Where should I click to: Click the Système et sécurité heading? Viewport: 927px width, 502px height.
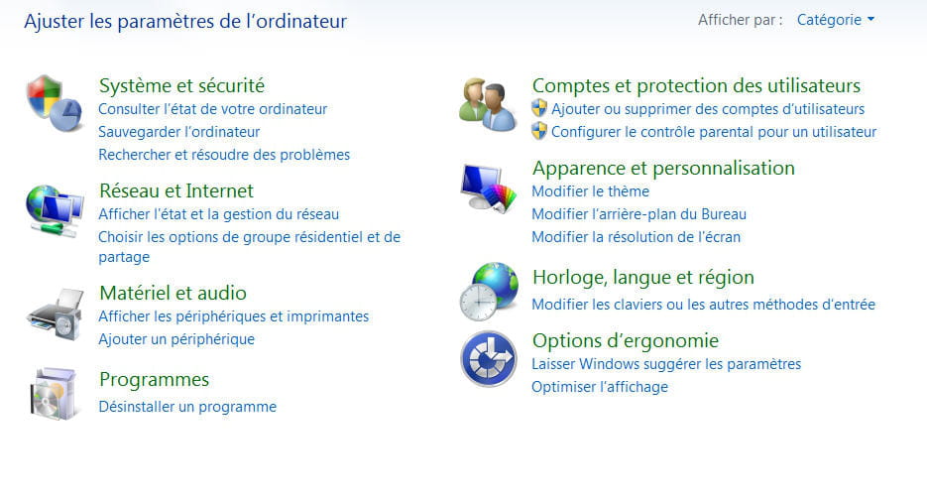181,85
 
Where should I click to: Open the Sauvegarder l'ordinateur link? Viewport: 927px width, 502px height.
179,132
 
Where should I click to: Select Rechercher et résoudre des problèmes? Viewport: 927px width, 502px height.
224,155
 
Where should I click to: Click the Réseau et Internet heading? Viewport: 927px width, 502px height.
176,191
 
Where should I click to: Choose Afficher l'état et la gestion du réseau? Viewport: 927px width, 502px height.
219,214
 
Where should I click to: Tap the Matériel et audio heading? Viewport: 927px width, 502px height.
173,294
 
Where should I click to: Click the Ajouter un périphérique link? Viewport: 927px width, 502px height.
176,339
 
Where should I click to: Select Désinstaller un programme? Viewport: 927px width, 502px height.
187,407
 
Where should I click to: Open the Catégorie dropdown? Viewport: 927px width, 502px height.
836,20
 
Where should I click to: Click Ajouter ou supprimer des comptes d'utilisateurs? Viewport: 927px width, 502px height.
708,109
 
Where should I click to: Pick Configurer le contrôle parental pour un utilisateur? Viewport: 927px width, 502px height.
714,132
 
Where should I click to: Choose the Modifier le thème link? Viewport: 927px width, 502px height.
590,191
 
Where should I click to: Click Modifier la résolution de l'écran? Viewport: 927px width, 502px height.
636,237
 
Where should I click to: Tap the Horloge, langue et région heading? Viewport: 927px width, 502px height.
643,278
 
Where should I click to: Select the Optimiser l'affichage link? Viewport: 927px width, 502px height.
600,387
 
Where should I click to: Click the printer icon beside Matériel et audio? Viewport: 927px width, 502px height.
56,314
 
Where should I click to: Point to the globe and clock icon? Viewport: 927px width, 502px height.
489,292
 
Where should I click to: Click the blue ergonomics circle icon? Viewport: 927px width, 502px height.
489,359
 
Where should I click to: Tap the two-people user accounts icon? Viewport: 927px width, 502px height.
488,104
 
